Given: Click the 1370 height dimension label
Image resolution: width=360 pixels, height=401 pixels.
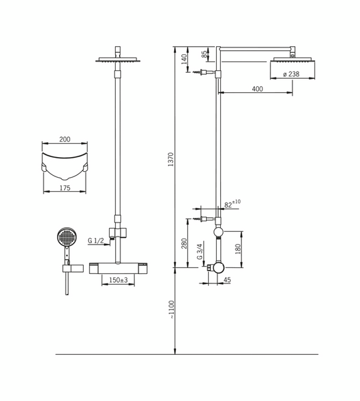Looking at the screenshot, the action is (171, 160).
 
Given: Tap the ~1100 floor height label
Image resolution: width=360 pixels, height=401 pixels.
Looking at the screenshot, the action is (171, 309).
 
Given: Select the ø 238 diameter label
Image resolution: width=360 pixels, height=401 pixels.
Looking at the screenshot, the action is (291, 74).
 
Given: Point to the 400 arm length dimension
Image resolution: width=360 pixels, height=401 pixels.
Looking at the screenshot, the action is (258, 89).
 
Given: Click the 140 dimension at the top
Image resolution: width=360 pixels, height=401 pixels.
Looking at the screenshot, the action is (184, 59).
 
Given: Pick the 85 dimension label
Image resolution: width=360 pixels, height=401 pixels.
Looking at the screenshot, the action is (204, 55).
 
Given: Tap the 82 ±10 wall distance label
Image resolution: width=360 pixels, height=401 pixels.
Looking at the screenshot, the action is (232, 204).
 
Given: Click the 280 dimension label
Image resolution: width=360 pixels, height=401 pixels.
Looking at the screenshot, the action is (184, 243).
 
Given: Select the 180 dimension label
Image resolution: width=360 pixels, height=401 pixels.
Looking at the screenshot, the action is (238, 249).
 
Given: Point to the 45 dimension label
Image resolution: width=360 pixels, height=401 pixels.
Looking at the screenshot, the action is (227, 280).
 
